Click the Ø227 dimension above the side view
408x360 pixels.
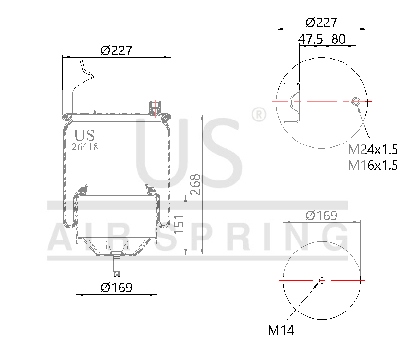pyautogui.click(x=116, y=50)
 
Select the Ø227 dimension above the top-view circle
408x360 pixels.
pyautogui.click(x=321, y=22)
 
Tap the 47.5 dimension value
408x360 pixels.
pyautogui.click(x=310, y=39)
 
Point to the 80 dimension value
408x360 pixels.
pyautogui.click(x=338, y=39)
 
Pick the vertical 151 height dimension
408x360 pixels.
pyautogui.click(x=178, y=224)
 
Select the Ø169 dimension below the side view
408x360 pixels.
pyautogui.click(x=116, y=288)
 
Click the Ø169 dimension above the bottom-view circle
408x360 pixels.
pyautogui.click(x=321, y=216)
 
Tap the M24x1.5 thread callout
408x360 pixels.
pyautogui.click(x=373, y=150)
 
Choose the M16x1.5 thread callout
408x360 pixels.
pyautogui.click(x=373, y=166)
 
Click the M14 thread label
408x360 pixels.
pyautogui.click(x=281, y=330)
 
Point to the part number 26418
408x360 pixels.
pyautogui.click(x=84, y=147)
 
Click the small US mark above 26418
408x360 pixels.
pyautogui.click(x=85, y=135)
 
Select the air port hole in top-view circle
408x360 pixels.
pyautogui.click(x=356, y=101)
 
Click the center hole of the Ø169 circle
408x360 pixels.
pyautogui.click(x=322, y=280)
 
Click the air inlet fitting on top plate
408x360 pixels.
pyautogui.click(x=155, y=108)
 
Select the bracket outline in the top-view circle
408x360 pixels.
pyautogui.click(x=293, y=102)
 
